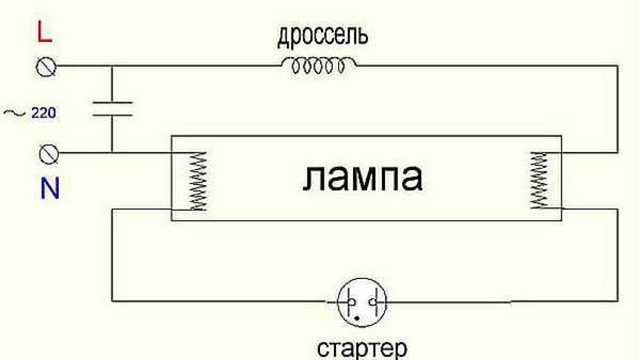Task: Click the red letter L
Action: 44,34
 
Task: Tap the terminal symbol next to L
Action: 46,66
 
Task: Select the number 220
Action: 43,113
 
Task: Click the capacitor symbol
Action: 112,108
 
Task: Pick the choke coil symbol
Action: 319,66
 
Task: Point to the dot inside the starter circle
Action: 358,318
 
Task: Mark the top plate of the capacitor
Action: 112,101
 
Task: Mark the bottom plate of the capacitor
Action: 112,115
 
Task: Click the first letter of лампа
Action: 314,179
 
